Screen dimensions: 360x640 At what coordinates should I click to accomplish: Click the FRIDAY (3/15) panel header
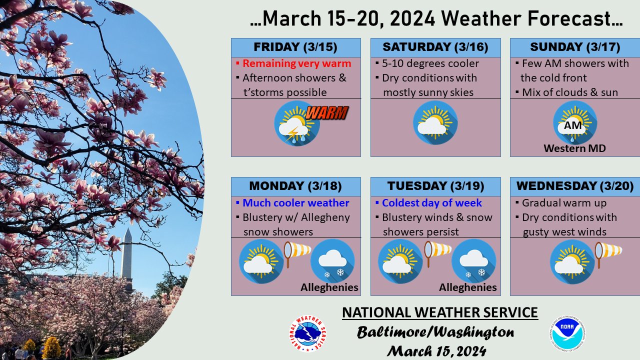tap(295, 47)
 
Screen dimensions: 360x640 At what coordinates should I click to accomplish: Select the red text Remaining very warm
tap(296, 63)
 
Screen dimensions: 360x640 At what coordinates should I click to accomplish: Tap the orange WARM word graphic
tap(326, 112)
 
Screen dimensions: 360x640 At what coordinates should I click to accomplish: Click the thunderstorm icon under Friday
tap(296, 123)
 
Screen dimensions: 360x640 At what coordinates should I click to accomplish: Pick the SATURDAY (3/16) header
tap(435, 47)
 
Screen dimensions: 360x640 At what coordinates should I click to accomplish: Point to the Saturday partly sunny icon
tap(435, 123)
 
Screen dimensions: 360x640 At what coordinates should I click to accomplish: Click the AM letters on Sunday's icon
tap(573, 125)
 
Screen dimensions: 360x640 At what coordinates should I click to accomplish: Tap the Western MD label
tap(574, 148)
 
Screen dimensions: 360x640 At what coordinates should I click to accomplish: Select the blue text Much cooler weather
tap(295, 203)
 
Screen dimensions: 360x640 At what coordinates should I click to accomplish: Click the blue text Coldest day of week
tap(431, 203)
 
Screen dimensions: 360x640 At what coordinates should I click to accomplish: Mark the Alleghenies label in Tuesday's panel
tap(468, 287)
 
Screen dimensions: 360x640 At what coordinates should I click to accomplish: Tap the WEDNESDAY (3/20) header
tap(575, 186)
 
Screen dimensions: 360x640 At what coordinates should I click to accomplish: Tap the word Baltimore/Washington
tap(435, 332)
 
